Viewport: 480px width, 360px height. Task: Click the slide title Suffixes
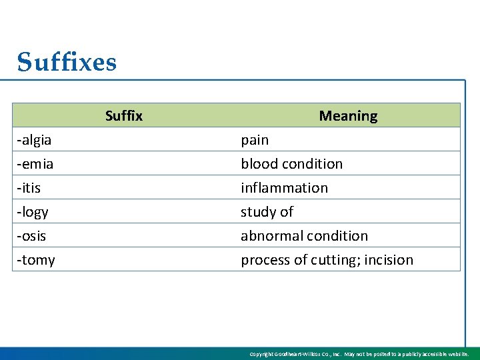(x=67, y=63)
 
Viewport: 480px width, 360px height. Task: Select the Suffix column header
(x=123, y=116)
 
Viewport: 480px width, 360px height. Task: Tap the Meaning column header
(x=348, y=116)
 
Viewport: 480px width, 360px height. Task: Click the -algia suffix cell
(x=35, y=140)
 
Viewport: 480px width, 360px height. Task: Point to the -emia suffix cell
(x=35, y=164)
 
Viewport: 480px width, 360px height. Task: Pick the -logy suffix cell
(x=33, y=212)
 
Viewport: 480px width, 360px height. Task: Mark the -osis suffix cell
(x=31, y=236)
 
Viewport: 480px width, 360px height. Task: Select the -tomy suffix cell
(x=36, y=260)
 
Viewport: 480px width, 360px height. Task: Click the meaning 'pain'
(x=255, y=140)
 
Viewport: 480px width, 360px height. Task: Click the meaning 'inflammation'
(x=285, y=188)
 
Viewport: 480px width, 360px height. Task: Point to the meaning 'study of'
(x=267, y=212)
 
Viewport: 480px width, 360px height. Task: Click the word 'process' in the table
(x=263, y=260)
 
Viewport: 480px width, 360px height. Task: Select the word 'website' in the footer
(x=457, y=354)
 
